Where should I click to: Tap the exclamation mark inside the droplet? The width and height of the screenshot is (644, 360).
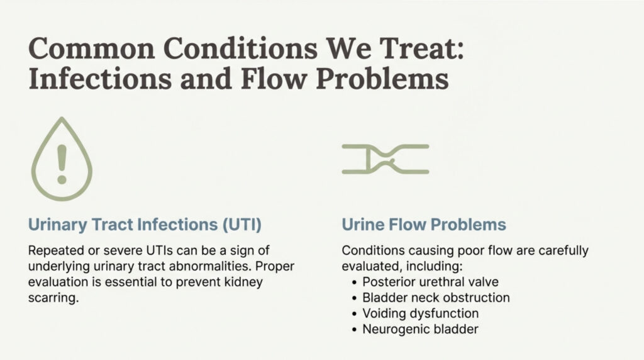(62, 164)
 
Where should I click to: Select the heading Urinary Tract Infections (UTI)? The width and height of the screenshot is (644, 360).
(145, 225)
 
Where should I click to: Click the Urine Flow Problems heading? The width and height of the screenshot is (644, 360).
(424, 225)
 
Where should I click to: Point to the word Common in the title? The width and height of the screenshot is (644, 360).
(92, 48)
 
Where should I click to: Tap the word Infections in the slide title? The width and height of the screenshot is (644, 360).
(100, 79)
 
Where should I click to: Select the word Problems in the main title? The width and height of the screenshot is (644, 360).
(382, 79)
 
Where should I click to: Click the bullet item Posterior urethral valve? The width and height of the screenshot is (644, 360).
(430, 282)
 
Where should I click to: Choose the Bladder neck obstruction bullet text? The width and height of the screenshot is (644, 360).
(436, 298)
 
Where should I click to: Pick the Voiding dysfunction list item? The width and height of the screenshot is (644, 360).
(421, 313)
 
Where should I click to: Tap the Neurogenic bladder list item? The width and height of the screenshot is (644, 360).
(420, 329)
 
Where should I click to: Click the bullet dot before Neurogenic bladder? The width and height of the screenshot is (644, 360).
(355, 330)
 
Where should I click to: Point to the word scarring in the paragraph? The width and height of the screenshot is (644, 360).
(53, 298)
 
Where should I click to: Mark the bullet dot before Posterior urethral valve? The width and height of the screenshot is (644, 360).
(355, 283)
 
